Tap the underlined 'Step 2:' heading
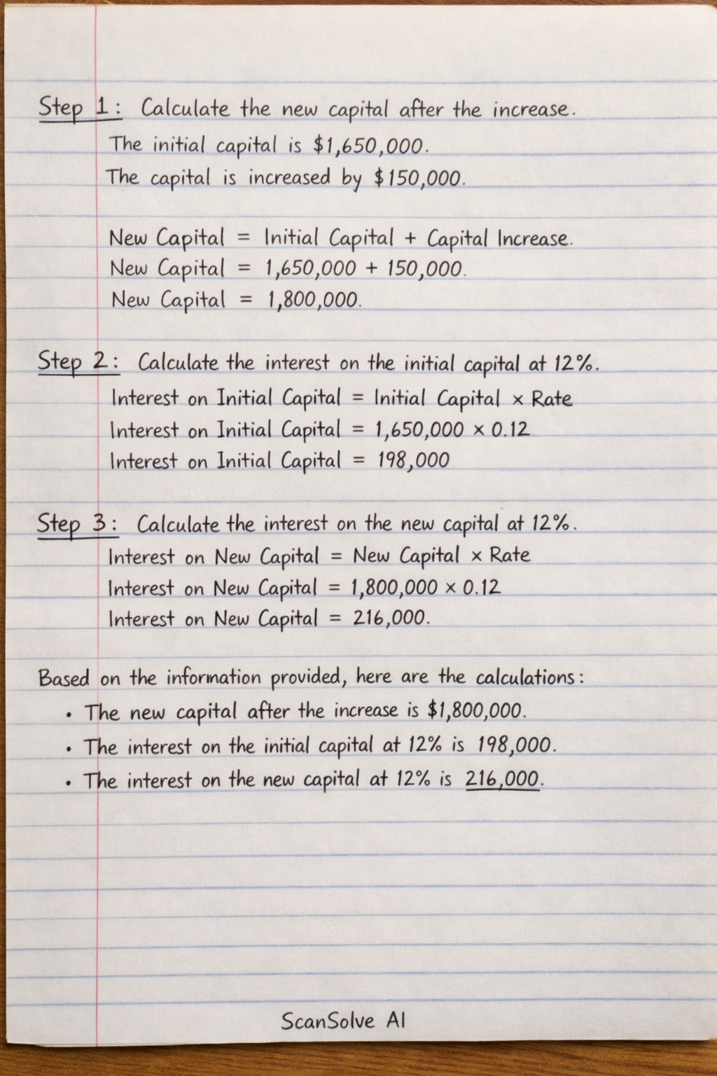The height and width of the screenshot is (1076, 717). (78, 362)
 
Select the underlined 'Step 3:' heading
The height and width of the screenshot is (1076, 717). (77, 523)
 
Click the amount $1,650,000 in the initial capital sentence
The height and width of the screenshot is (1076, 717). (368, 146)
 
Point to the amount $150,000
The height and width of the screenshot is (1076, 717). (418, 178)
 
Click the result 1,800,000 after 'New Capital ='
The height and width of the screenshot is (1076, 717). (314, 301)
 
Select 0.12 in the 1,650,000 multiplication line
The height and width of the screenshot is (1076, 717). (510, 429)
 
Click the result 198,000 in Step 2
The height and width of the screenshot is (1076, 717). (412, 461)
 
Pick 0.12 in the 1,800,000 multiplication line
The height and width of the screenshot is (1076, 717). (482, 587)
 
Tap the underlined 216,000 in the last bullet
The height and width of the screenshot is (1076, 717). (503, 779)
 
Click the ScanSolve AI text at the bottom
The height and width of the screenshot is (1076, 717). (343, 1021)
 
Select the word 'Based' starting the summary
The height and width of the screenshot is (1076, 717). (64, 678)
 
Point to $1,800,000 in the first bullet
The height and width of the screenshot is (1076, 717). (475, 711)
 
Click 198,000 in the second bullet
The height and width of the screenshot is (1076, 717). (515, 745)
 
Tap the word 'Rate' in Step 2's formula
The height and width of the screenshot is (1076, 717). (551, 399)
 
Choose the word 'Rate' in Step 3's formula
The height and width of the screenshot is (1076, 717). (510, 556)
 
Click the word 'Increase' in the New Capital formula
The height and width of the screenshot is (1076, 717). (534, 239)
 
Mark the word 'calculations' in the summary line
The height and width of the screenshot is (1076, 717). (525, 677)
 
